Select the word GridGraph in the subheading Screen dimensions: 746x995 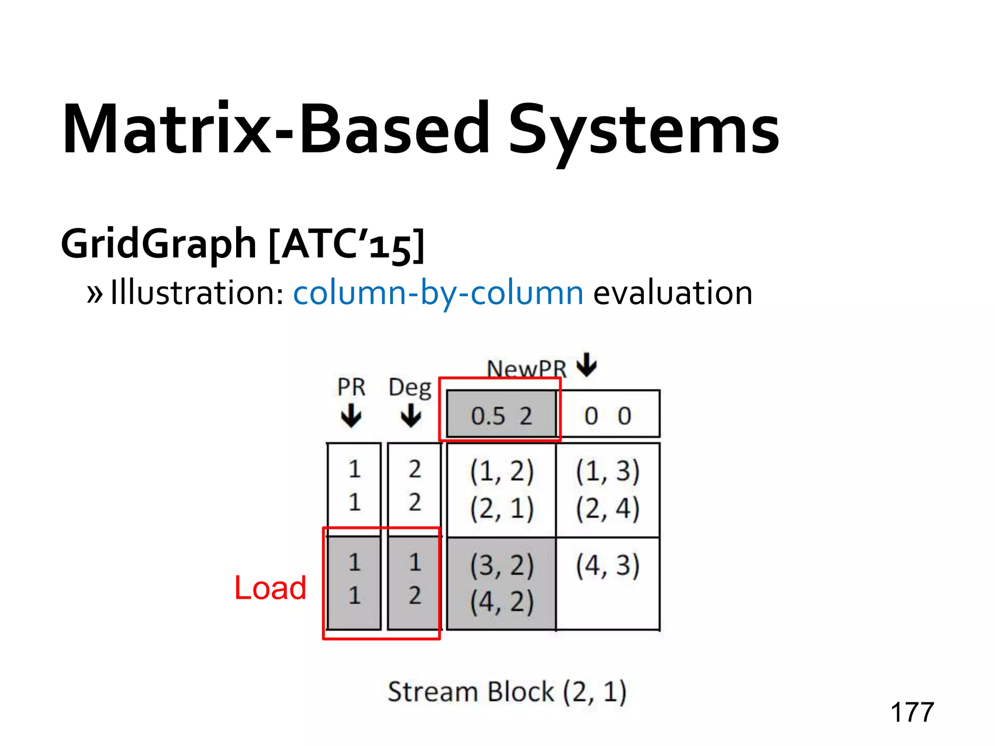(x=158, y=244)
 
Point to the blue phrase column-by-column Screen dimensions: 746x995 (x=438, y=293)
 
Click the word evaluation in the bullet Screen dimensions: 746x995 (x=672, y=293)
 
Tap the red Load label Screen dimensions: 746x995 (x=270, y=587)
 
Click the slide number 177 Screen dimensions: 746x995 (x=912, y=712)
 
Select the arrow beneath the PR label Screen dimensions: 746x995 (x=351, y=416)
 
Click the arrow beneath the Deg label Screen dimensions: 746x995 (x=411, y=416)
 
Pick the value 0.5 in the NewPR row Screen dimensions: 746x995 (x=488, y=416)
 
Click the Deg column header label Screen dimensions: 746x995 (x=410, y=388)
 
